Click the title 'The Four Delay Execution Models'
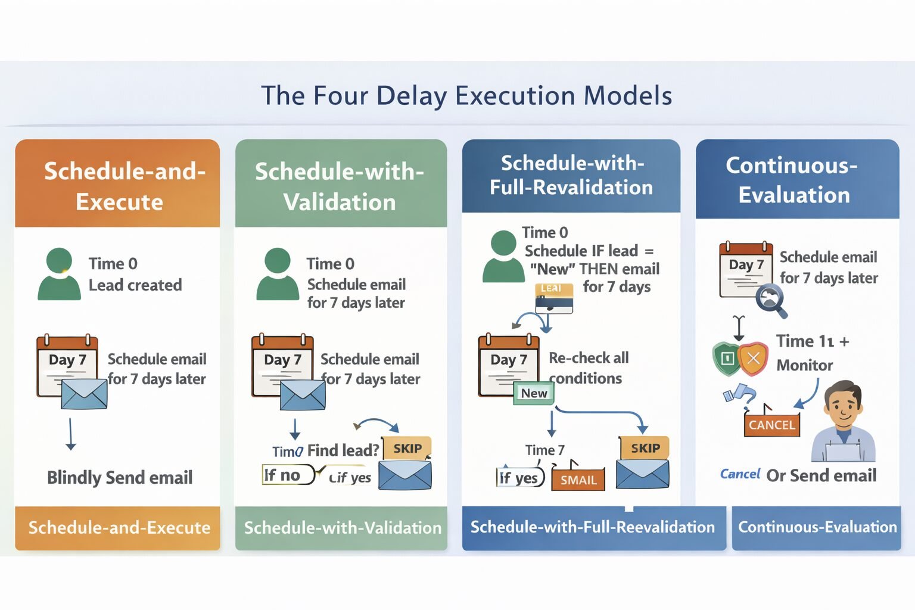(466, 95)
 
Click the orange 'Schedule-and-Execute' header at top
(119, 186)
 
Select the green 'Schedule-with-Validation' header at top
(340, 186)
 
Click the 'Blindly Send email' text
(120, 478)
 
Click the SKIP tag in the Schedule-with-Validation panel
(407, 449)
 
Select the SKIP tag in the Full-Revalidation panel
(645, 448)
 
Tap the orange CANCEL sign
(771, 425)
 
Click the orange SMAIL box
(578, 480)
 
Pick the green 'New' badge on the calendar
(534, 393)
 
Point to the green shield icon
(726, 358)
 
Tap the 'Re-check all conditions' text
(587, 368)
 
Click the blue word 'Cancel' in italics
(740, 474)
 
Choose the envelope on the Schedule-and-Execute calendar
(84, 394)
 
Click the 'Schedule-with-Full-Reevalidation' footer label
(592, 527)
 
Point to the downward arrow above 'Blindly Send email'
(71, 434)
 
